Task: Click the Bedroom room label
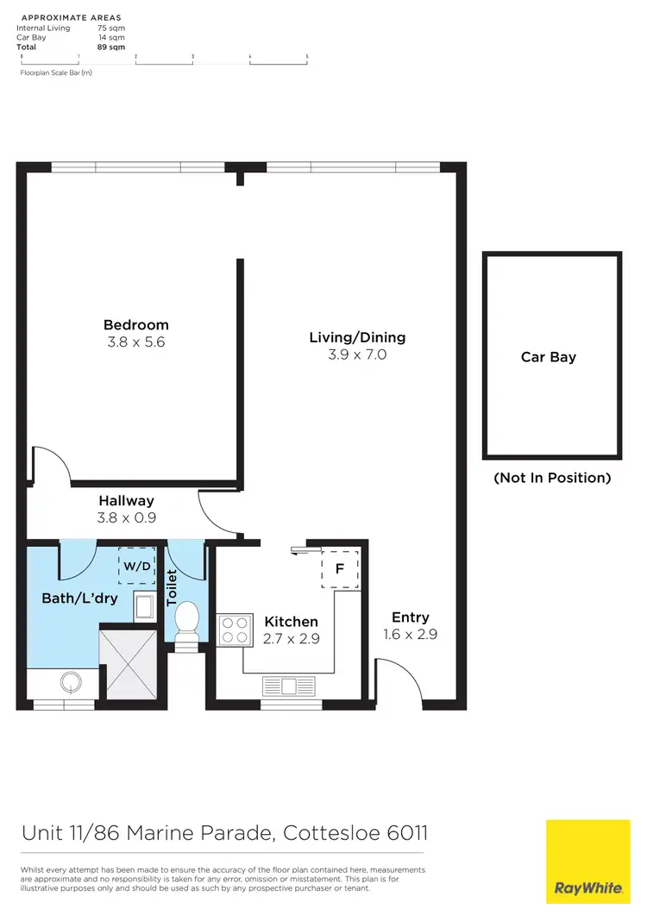136,325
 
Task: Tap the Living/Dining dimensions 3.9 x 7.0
357,354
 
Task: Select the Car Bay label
549,357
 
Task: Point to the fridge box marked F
341,568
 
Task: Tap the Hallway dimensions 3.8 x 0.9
126,517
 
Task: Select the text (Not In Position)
552,478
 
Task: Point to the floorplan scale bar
164,59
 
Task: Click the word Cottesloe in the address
333,834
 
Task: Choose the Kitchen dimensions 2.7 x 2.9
291,638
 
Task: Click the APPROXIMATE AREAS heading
71,17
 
